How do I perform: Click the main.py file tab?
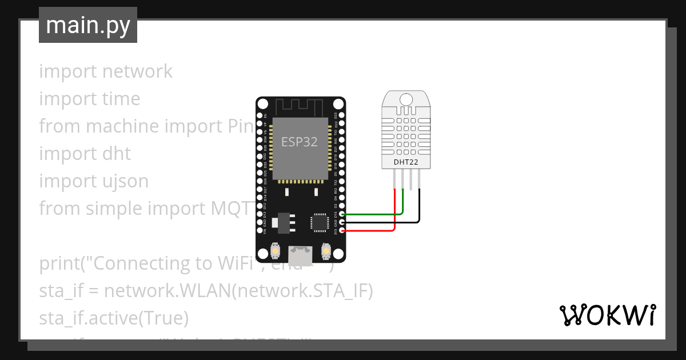87,25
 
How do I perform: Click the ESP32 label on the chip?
299,142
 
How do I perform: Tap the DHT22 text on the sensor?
406,162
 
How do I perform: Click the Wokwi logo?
607,315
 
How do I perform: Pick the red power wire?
372,230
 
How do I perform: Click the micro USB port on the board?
300,254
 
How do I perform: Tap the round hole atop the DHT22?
406,99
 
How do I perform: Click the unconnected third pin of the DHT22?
412,180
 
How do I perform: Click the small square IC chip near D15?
318,222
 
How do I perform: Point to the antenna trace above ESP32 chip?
300,106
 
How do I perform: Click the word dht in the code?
117,154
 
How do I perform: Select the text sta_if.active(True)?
114,318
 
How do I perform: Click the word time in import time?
121,99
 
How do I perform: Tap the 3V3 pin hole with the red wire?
342,230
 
